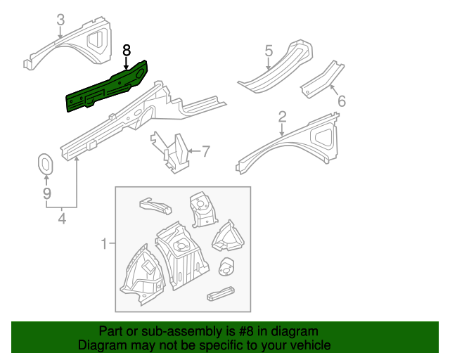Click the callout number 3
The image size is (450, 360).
(60, 20)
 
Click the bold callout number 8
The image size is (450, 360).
(127, 50)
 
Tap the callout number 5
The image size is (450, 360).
(269, 51)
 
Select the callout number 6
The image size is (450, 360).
(342, 101)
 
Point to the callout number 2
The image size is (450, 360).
(282, 116)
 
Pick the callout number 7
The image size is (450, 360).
(206, 150)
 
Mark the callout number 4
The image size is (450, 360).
(62, 219)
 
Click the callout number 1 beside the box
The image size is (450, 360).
(103, 244)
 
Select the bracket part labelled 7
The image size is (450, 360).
(174, 152)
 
